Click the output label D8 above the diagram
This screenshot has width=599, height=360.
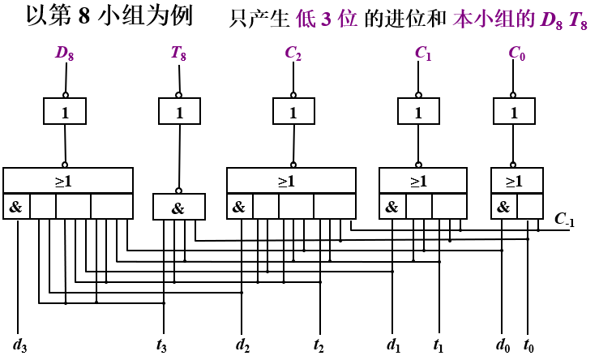[x=65, y=54]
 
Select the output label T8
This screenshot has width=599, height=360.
[x=179, y=54]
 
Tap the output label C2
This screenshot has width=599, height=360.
[x=293, y=54]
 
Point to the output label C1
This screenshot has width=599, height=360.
[x=423, y=54]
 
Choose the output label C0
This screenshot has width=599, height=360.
[x=517, y=54]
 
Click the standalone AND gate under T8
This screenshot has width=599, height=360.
[x=179, y=208]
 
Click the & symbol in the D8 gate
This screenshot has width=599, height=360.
[x=16, y=207]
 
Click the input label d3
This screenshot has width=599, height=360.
[x=20, y=345]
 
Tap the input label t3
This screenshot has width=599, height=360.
[x=162, y=345]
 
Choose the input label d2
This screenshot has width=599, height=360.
[x=242, y=345]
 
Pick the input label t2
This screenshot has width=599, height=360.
[x=319, y=345]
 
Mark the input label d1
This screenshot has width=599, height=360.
[x=394, y=345]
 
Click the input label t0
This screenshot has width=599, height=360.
[x=528, y=345]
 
